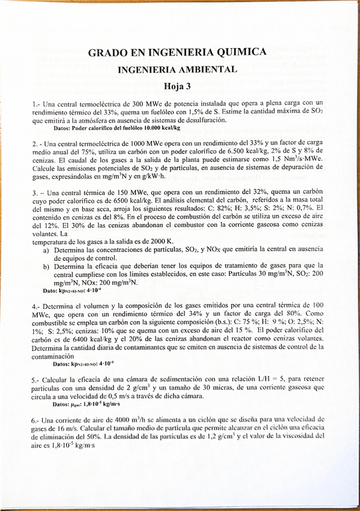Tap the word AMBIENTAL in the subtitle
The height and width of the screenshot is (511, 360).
pos(207,69)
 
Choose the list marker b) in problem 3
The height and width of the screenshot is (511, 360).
pos(46,266)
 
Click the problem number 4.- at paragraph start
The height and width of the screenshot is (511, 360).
pos(36,306)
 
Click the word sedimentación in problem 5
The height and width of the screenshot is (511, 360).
pos(182,380)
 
